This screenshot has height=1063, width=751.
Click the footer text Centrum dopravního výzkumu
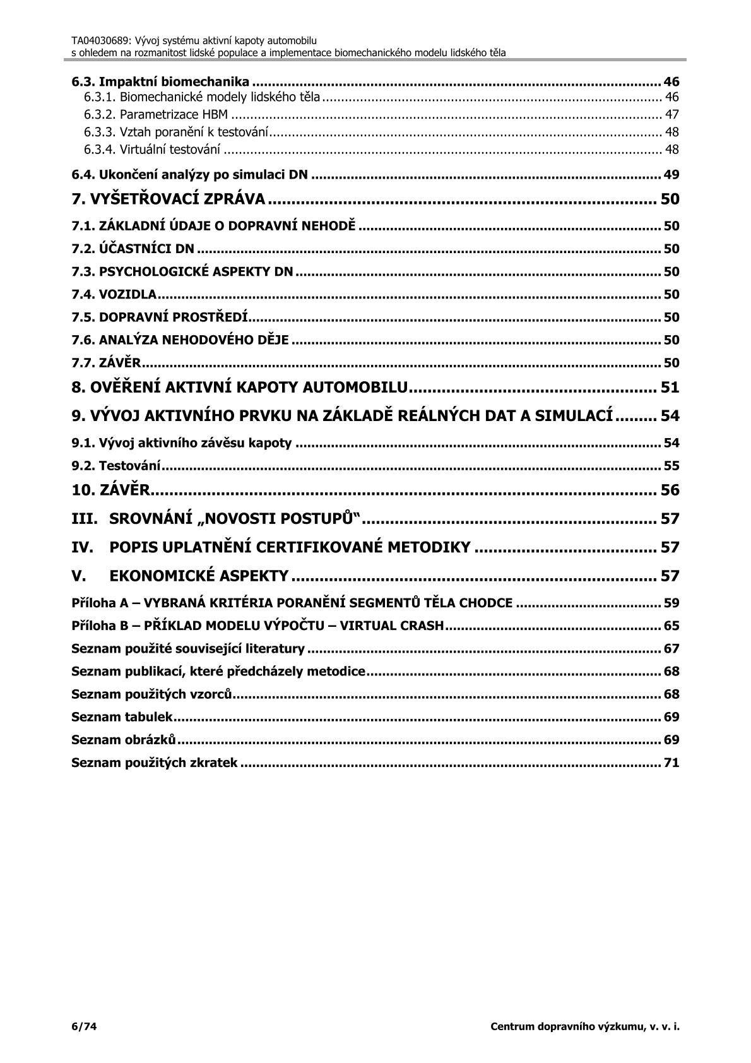585,1026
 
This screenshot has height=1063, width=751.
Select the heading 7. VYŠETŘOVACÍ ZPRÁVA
168,199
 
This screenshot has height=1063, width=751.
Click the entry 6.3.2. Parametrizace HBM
156,115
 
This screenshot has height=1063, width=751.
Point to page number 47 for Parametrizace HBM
672,115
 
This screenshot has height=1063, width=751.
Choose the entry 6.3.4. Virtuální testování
152,150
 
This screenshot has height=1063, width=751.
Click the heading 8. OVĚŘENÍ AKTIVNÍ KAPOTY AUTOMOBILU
241,386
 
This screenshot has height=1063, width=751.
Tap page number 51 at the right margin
670,386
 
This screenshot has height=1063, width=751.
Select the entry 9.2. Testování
116,466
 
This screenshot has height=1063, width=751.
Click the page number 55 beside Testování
671,466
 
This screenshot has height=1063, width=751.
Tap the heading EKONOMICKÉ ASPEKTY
199,576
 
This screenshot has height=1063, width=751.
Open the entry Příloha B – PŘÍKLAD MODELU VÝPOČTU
257,626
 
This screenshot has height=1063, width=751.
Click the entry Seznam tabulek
122,717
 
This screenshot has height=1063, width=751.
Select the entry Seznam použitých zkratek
155,763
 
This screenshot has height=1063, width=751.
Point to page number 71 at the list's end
671,763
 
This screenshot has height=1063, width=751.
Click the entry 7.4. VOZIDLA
114,295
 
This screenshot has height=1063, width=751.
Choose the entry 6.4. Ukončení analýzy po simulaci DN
189,175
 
